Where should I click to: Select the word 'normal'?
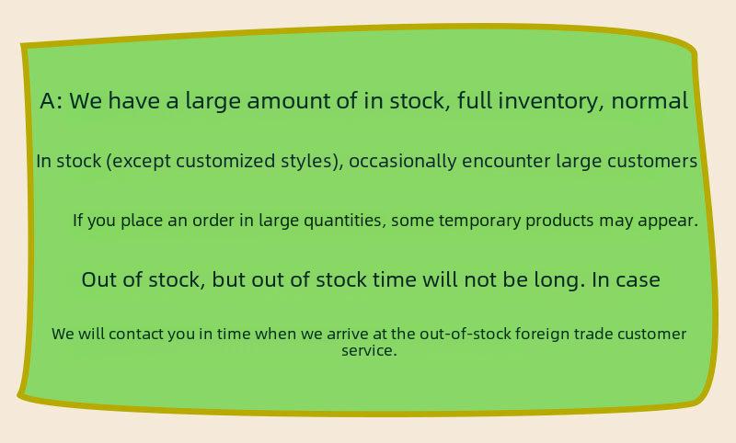650,101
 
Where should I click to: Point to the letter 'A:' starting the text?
52,101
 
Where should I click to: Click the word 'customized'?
225,161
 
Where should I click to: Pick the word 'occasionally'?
403,162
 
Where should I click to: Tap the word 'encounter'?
506,161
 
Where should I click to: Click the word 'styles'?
306,162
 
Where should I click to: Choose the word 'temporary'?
479,221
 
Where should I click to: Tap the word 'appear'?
665,221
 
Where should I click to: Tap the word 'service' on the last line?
366,351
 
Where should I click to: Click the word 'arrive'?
348,335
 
